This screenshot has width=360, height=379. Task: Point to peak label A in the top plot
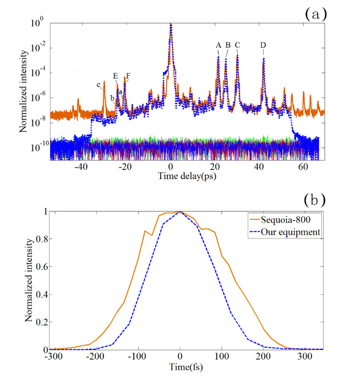coord(219,45)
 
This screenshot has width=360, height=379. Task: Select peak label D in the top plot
coord(263,45)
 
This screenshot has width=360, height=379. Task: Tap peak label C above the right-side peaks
coord(237,45)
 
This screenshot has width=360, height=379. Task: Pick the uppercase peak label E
coord(115,76)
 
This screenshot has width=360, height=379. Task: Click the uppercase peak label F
coord(128,76)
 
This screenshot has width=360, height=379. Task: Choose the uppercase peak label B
coord(228,45)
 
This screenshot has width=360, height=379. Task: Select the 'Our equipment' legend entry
coord(290,232)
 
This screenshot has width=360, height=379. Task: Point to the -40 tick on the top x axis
coord(81,167)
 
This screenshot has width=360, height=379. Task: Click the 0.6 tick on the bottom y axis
coord(41,266)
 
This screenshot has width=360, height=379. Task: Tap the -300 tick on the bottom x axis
coord(51,357)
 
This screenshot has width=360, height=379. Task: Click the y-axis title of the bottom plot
coord(28,281)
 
